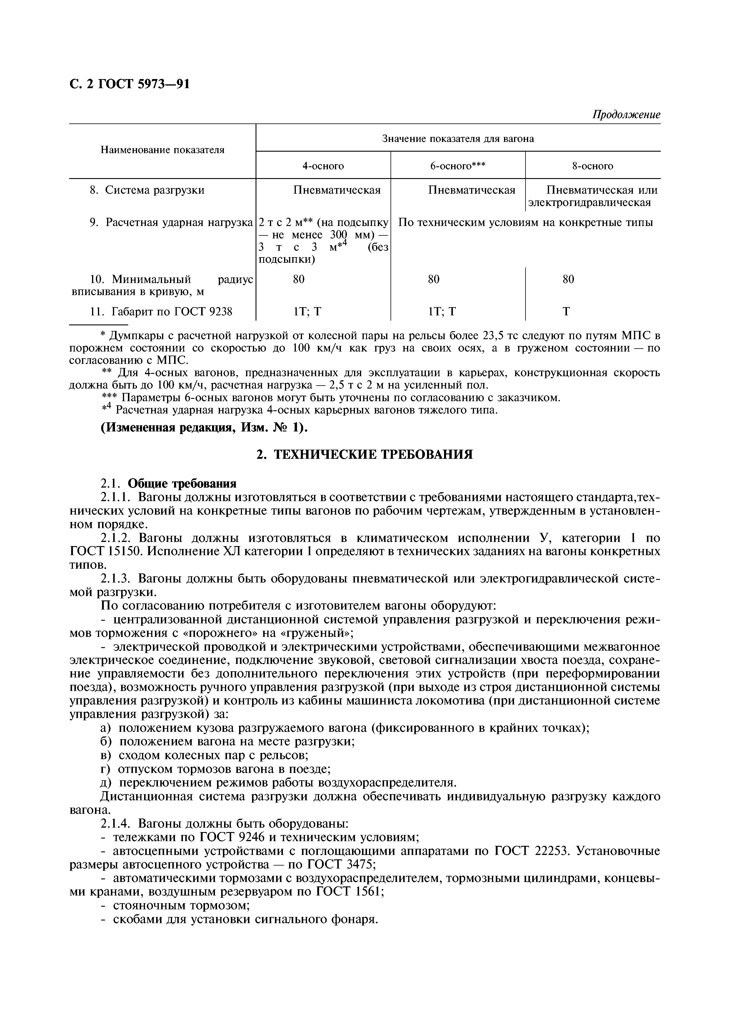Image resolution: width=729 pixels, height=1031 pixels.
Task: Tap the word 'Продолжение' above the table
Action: coord(626,115)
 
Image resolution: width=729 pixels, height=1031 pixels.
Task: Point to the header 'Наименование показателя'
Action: coord(162,150)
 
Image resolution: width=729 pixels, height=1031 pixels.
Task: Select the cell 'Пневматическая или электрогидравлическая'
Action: coord(593,196)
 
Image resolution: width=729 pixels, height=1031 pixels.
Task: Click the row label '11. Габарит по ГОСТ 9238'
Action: coord(161,311)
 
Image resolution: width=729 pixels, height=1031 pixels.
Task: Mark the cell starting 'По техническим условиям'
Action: coord(525,223)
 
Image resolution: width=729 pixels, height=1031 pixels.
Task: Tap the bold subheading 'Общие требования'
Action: coord(182,484)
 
